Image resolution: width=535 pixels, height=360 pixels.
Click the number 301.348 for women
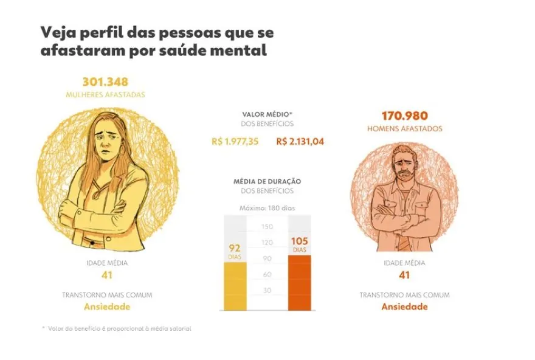tap(105, 82)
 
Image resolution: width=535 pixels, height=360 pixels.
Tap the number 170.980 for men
tap(404, 116)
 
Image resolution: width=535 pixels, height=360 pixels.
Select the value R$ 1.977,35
tap(235, 142)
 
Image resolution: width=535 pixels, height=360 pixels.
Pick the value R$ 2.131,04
tap(300, 142)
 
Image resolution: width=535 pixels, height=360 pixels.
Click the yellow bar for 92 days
tap(235, 286)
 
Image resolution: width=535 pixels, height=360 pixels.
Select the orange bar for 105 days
tap(300, 282)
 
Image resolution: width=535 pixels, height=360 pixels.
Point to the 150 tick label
tap(267, 227)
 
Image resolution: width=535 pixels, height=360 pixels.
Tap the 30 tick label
tap(267, 290)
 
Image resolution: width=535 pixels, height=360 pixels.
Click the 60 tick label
tap(267, 274)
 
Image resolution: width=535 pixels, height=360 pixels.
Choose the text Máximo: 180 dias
tap(267, 208)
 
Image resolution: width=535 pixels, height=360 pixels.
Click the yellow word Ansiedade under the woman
tap(106, 306)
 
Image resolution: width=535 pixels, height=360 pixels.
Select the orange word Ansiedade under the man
tap(404, 306)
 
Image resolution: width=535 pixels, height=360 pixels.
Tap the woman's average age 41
tap(106, 275)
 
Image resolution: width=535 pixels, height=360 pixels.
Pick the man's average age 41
tap(404, 275)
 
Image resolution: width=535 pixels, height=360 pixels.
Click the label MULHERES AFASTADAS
tap(105, 95)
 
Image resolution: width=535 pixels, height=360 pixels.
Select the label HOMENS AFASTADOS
tap(404, 128)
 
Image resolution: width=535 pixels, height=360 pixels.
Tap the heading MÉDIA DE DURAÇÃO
tap(267, 181)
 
